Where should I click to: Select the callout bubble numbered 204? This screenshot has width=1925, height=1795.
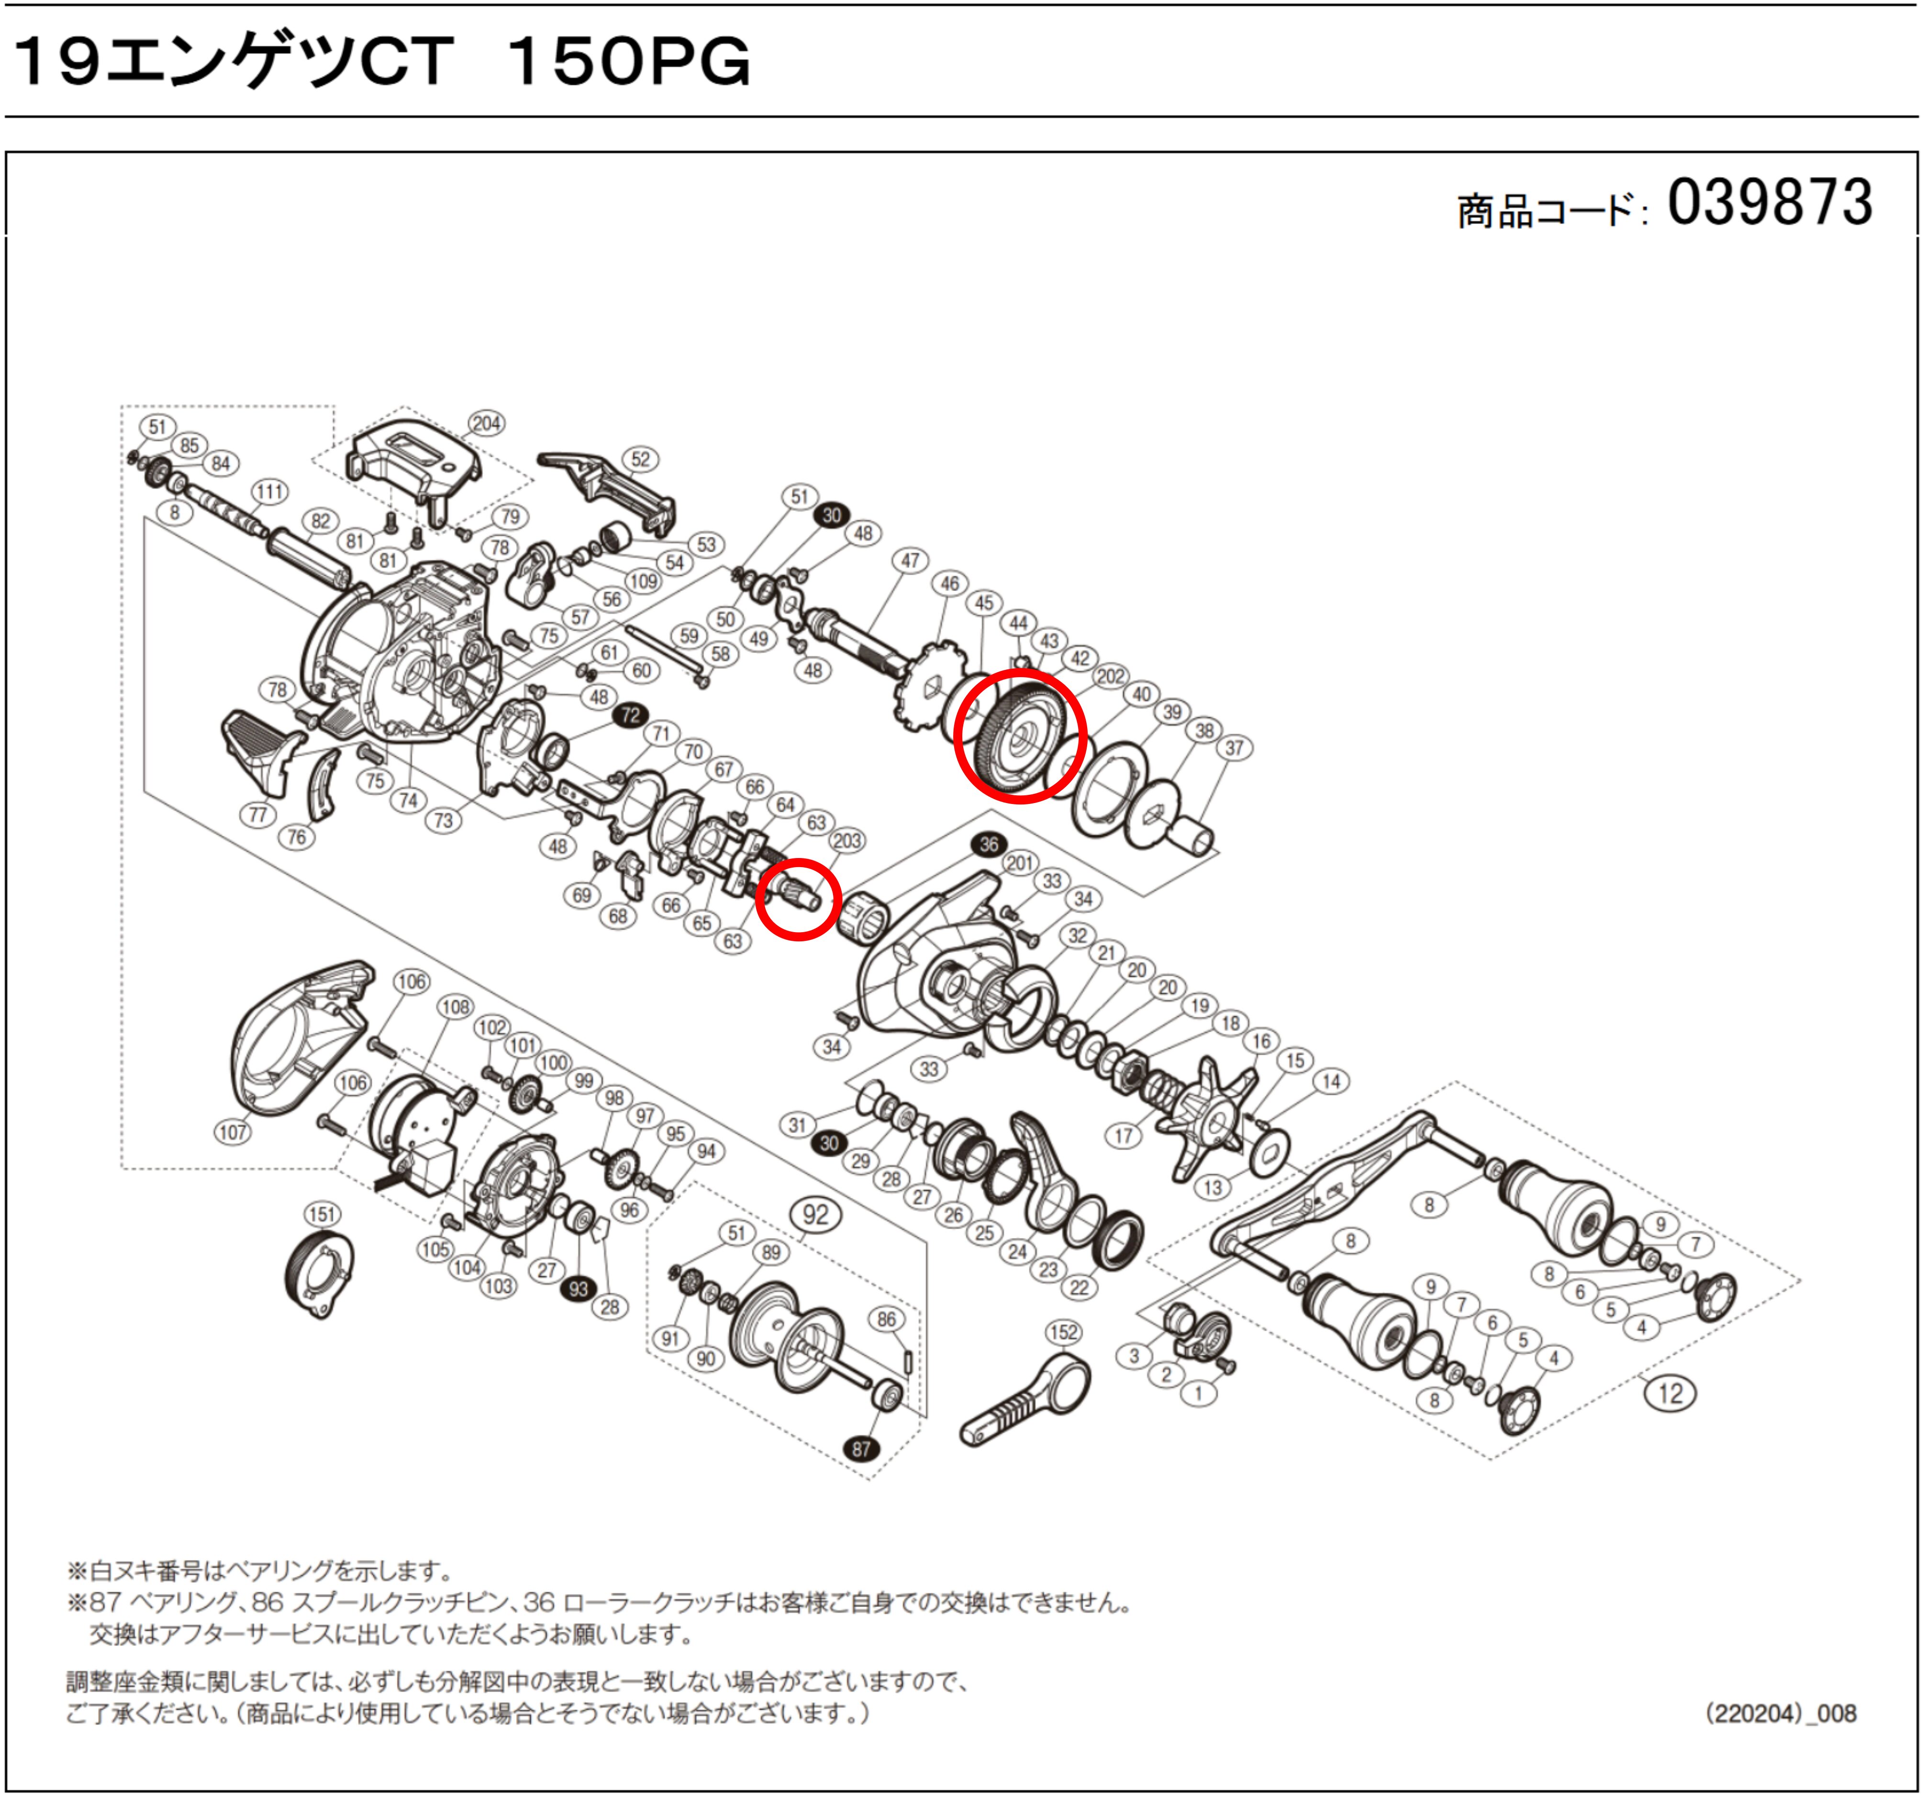tap(486, 423)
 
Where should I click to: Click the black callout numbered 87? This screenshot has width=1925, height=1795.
tap(861, 1449)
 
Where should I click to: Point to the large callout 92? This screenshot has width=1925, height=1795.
tap(815, 1215)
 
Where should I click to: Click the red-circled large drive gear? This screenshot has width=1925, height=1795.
tap(1020, 736)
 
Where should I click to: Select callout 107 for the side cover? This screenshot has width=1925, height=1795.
tap(233, 1132)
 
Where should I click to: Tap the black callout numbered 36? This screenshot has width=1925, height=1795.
tap(989, 844)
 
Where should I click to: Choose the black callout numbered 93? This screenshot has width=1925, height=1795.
tap(578, 1289)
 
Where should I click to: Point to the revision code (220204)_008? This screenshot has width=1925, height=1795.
tap(1780, 1714)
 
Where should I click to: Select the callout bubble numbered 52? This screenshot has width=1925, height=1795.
tap(640, 459)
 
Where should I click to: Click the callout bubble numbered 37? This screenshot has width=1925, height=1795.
tap(1234, 747)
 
